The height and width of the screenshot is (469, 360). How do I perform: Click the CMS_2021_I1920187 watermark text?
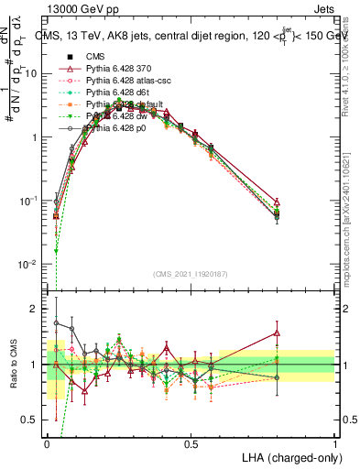[191, 274]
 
